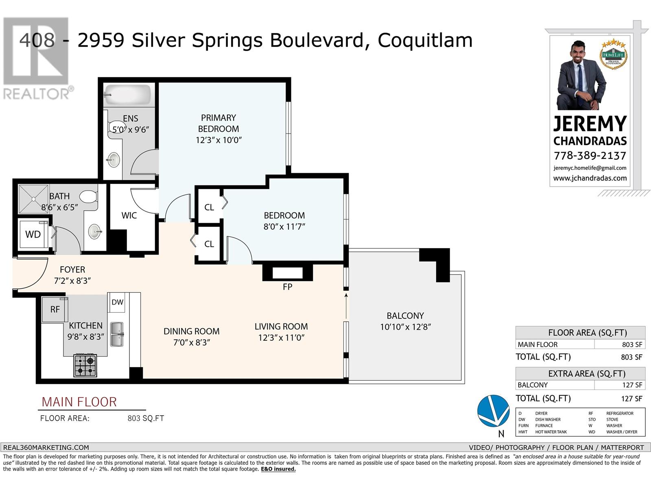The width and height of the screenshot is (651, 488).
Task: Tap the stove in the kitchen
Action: tap(85, 365)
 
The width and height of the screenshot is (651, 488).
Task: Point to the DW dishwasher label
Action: tap(118, 302)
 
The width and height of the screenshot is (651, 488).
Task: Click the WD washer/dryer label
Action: tap(33, 235)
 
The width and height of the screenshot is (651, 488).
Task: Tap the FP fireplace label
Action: tap(287, 287)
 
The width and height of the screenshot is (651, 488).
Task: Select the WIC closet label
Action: tap(129, 216)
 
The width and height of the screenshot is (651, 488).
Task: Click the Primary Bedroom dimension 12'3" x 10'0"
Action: tap(218, 140)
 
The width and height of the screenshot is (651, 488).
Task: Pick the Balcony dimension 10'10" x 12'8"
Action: tap(405, 327)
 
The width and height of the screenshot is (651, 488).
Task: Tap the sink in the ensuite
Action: tap(114, 159)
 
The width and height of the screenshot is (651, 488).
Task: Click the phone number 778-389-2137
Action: tap(590, 156)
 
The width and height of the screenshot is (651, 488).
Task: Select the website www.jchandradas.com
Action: tap(590, 178)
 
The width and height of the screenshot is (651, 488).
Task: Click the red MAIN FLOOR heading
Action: tap(79, 402)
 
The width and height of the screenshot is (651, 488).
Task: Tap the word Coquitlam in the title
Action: tap(425, 40)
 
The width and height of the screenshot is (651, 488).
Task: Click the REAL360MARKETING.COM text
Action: tap(46, 447)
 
